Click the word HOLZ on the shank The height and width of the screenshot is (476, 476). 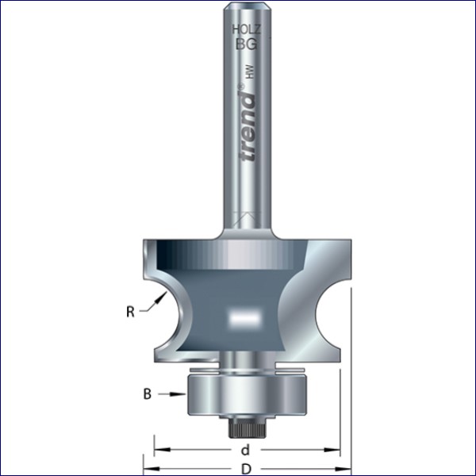click(247, 30)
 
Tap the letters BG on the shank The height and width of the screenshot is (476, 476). click(247, 44)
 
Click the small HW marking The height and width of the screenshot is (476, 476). click(250, 72)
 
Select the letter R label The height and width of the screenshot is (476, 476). click(130, 312)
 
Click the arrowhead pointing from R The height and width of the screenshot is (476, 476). click(162, 297)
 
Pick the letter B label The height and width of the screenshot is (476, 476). click(148, 394)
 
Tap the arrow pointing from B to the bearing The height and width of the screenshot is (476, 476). click(172, 394)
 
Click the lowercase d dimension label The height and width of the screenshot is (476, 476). click(246, 450)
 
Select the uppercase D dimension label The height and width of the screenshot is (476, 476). click(247, 469)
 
